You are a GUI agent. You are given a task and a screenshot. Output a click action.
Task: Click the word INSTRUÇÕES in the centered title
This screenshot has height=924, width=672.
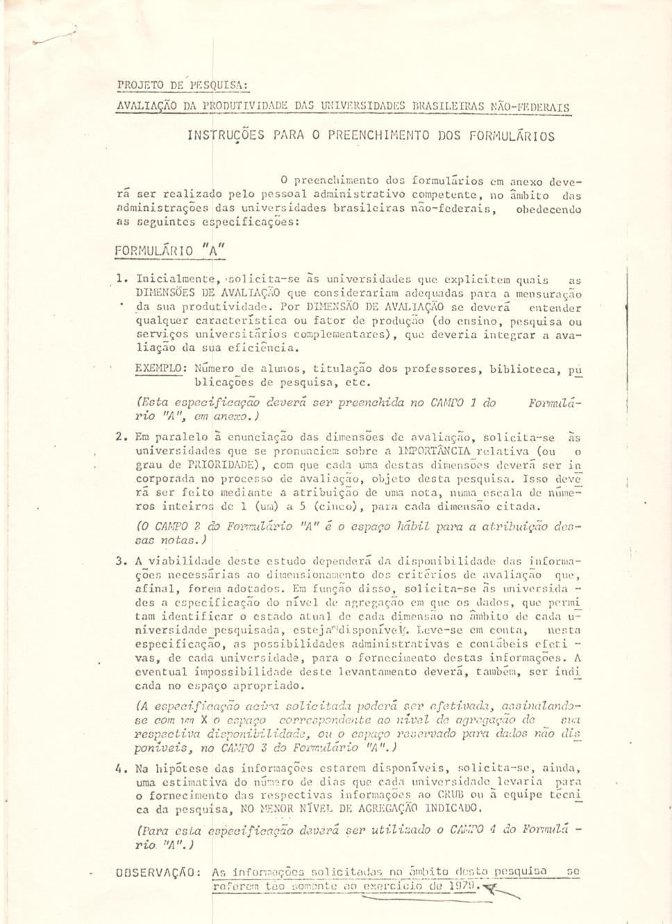226,135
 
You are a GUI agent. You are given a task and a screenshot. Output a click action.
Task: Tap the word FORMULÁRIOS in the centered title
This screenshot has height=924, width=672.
512,136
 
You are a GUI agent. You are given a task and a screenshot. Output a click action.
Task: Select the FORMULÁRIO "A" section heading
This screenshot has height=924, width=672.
170,251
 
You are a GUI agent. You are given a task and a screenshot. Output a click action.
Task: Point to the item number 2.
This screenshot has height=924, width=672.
121,437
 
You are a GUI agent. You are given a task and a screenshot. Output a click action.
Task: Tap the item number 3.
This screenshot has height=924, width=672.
121,561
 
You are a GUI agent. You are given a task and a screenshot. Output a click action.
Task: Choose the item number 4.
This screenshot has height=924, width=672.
121,768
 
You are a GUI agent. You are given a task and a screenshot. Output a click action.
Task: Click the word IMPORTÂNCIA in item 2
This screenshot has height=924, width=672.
433,451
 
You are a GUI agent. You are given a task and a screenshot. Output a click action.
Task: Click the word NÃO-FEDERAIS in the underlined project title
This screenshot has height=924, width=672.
530,107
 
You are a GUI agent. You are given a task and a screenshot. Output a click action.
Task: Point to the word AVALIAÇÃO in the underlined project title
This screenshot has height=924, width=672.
147,107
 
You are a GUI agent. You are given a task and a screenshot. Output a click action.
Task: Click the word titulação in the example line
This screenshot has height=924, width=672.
342,369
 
